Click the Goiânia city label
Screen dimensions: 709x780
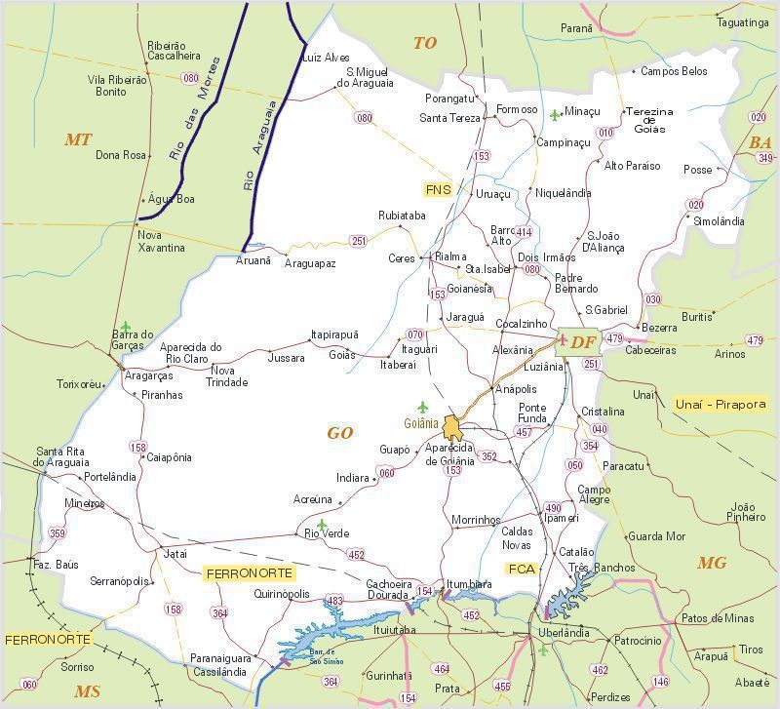[420, 423]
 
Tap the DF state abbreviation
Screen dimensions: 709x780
[583, 342]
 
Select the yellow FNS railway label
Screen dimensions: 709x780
[438, 189]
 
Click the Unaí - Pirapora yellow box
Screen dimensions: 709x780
[720, 404]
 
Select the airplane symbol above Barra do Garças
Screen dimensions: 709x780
[125, 326]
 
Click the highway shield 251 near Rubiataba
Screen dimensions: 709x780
[359, 241]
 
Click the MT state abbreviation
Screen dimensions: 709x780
[78, 140]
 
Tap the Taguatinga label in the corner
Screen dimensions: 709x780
[742, 22]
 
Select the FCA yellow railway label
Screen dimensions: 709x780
[522, 569]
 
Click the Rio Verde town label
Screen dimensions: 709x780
[326, 533]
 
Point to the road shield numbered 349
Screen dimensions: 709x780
[763, 158]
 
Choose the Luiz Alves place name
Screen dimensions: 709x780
[326, 58]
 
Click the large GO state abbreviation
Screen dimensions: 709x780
[339, 433]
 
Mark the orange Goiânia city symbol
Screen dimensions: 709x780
[452, 427]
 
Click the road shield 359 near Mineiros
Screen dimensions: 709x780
[58, 533]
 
